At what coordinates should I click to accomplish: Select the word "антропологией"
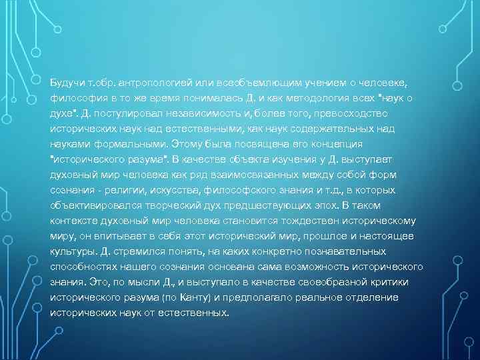click(x=155, y=82)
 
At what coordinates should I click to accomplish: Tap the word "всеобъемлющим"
click(x=245, y=82)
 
